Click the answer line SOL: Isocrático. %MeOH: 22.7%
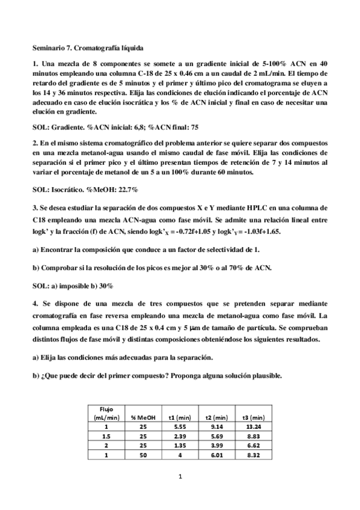click(x=85, y=189)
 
